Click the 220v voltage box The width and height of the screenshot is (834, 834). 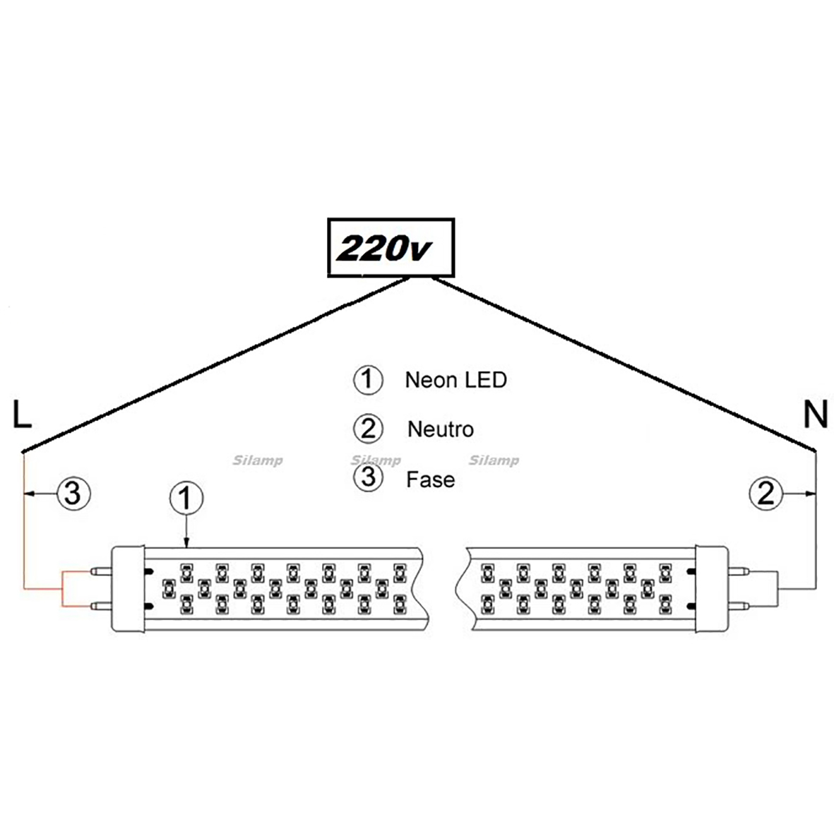pos(391,247)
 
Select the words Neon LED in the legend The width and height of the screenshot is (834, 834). pos(455,380)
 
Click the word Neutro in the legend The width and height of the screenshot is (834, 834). pos(441,429)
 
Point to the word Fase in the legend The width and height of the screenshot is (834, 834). pos(430,479)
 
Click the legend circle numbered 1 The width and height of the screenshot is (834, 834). pos(368,380)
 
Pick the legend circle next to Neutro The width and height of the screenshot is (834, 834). pos(368,429)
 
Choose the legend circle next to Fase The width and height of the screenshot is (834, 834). pos(368,477)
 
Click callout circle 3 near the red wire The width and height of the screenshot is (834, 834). pos(73,494)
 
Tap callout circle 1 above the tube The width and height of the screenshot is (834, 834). pos(186,499)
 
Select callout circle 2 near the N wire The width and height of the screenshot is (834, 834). pos(766,494)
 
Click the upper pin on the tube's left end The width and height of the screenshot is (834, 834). pos(101,572)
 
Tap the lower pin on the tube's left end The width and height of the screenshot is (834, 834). pos(101,606)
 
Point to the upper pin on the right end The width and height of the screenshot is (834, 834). pos(739,572)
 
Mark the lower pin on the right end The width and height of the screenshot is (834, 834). pos(739,606)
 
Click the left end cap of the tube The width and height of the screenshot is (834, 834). pos(128,589)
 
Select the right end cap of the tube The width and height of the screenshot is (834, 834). pos(712,589)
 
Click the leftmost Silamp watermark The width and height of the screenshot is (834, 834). pos(258,460)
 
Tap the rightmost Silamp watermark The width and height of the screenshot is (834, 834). pos(494,460)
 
